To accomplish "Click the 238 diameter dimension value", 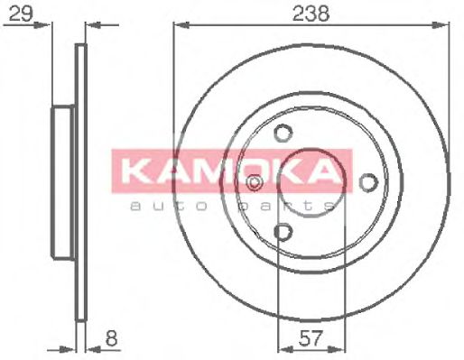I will (x=311, y=13).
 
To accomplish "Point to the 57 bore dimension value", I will (x=310, y=340).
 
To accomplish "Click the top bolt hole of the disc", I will (x=283, y=134).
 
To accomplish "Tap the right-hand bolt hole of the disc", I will (x=367, y=182).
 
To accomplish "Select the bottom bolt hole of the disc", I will (x=283, y=234).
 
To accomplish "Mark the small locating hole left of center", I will (x=255, y=183).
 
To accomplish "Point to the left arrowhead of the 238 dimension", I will (x=178, y=26).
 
